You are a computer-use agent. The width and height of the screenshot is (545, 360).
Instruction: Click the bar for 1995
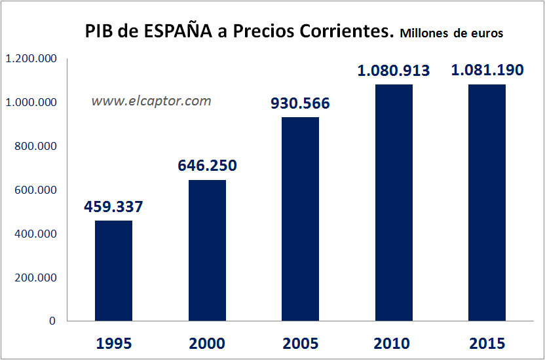tap(113, 271)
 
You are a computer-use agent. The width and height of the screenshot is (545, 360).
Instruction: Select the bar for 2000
tap(207, 251)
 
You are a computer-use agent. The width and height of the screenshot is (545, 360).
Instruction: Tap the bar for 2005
tap(300, 219)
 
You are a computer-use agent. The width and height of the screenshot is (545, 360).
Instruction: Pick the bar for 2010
tap(394, 203)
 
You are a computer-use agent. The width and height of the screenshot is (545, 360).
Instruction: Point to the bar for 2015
tap(487, 203)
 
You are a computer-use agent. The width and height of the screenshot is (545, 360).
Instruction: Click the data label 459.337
tap(113, 207)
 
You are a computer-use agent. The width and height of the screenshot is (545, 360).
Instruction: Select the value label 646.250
tap(207, 166)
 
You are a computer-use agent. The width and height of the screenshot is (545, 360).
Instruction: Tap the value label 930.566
tap(300, 103)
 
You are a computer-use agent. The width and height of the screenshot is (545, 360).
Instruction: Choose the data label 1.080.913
tap(394, 71)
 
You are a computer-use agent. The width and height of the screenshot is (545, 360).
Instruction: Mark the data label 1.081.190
tap(487, 70)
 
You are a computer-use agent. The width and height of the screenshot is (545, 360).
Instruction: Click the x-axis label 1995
tap(113, 344)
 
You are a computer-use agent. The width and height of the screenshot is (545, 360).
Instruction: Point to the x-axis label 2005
tap(300, 344)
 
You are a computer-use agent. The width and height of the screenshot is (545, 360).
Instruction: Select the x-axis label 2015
tap(487, 344)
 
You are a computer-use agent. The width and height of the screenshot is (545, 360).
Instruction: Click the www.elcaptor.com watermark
tap(151, 101)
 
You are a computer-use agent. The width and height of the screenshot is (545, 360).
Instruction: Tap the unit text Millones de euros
tap(451, 33)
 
